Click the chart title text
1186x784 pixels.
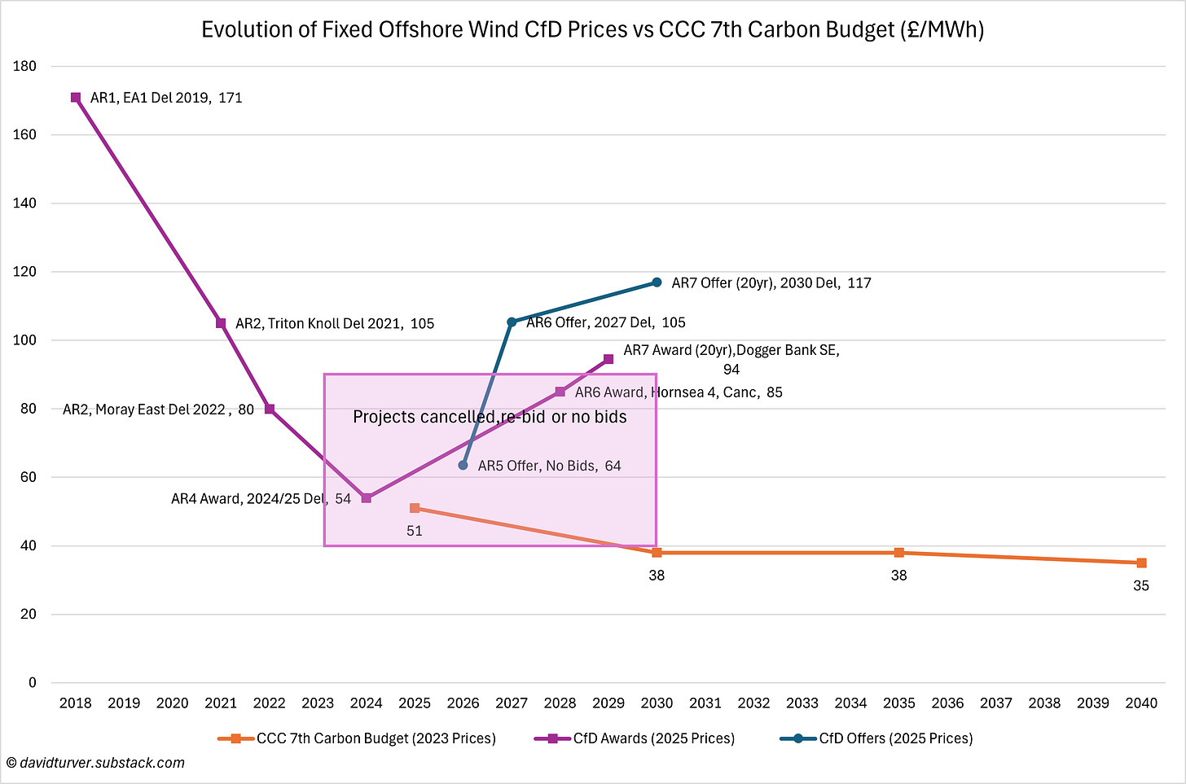[x=592, y=29]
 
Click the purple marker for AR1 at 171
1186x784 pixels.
[x=76, y=98]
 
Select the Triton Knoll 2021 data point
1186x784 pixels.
[x=221, y=323]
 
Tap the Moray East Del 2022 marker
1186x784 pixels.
[x=270, y=409]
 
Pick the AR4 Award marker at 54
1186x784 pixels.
[x=367, y=497]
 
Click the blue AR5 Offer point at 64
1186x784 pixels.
[x=463, y=465]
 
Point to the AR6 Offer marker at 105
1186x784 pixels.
[x=512, y=322]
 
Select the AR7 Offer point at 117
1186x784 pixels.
[x=657, y=283]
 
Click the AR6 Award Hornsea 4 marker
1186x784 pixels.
[x=560, y=392]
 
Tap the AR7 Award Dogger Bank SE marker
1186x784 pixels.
[x=608, y=359]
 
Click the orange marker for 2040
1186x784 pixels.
[x=1141, y=563]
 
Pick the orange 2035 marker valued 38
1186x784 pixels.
[x=899, y=553]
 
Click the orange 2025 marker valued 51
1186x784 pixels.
[x=415, y=508]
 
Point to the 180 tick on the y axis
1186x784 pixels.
[x=25, y=66]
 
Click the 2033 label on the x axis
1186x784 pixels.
[x=802, y=703]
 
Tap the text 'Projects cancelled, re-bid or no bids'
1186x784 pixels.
[x=490, y=417]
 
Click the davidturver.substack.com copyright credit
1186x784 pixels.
[x=95, y=763]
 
